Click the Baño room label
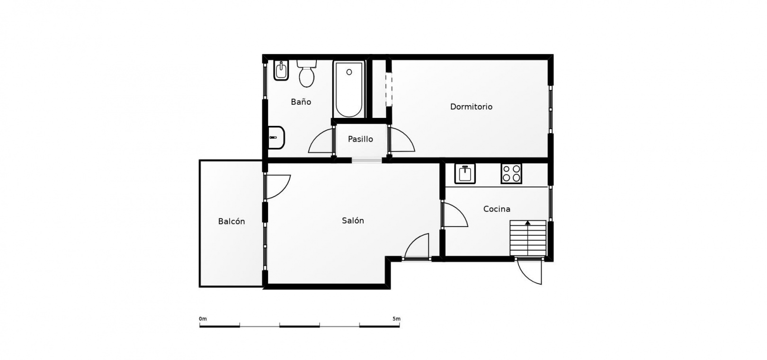(x=301, y=102)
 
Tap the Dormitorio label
(x=471, y=107)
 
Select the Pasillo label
(x=360, y=139)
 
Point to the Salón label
(x=353, y=221)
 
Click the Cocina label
(x=497, y=209)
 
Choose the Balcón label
(x=232, y=222)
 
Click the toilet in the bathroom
(x=307, y=73)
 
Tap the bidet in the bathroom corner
(x=281, y=70)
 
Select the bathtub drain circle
(x=349, y=72)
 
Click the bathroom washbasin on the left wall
(x=276, y=138)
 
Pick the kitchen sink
(x=464, y=173)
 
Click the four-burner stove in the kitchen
(x=511, y=173)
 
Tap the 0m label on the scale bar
(x=203, y=319)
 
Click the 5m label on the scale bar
(x=396, y=319)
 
